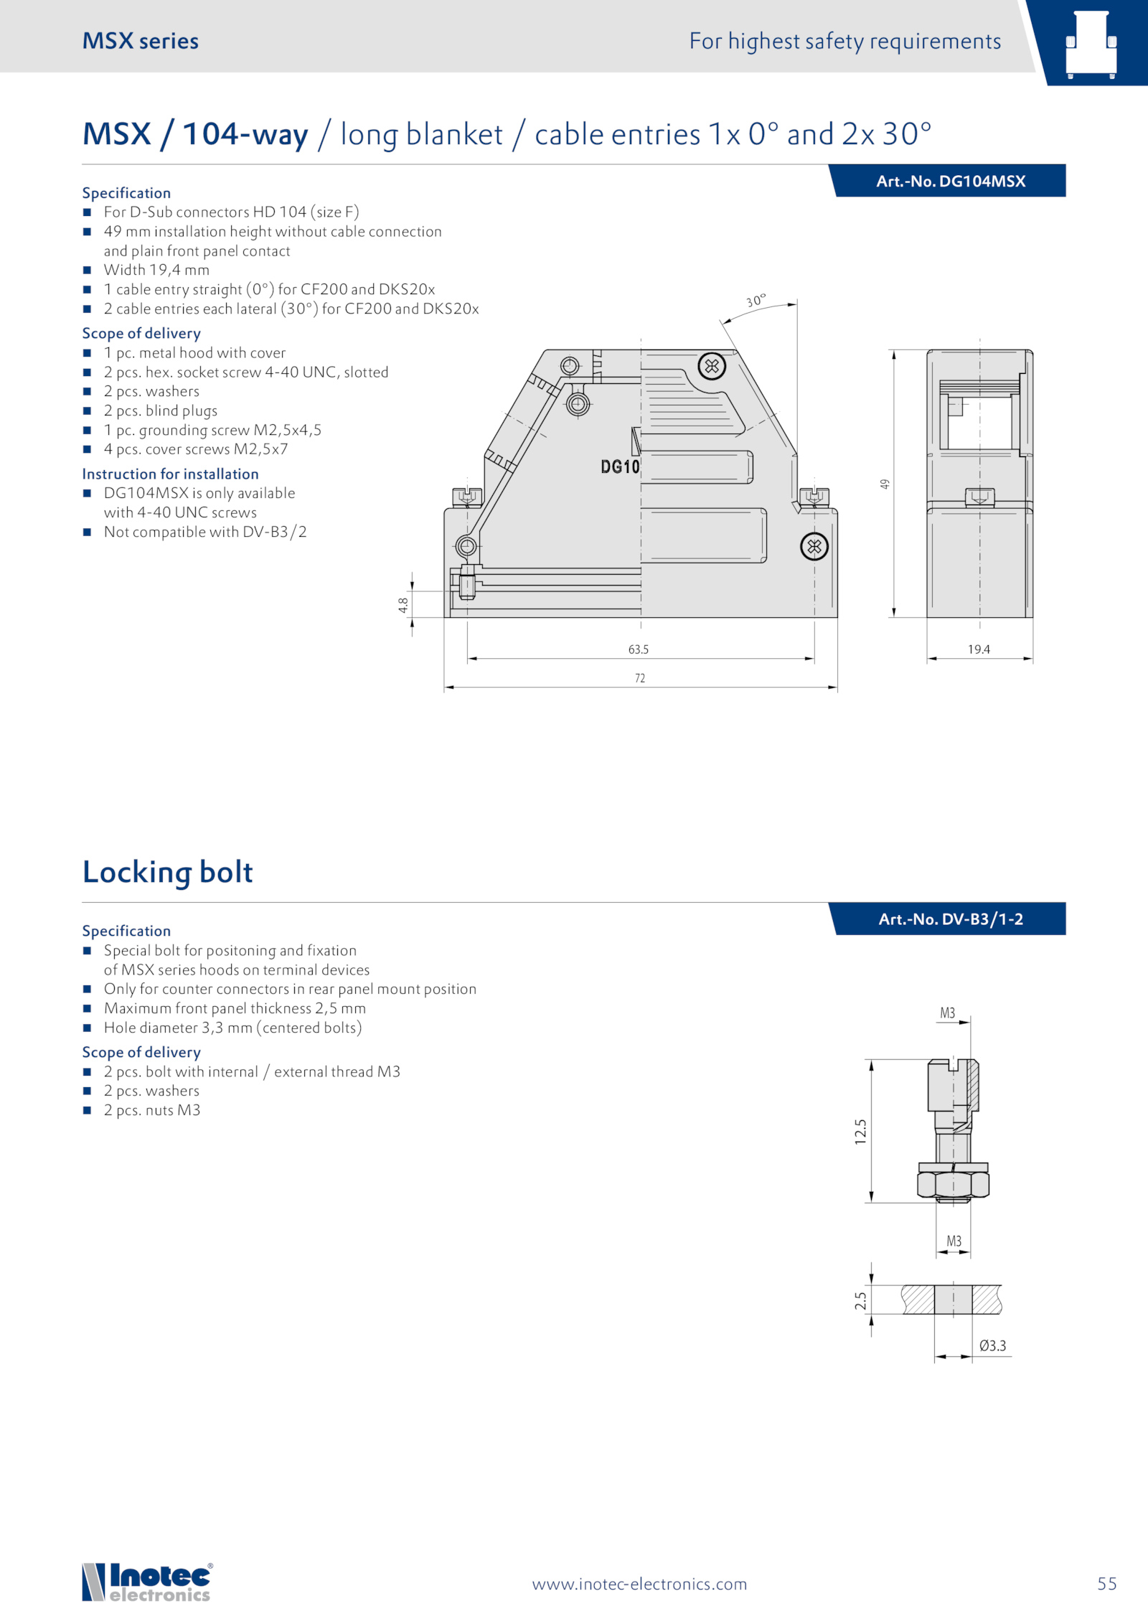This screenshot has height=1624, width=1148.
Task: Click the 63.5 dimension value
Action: (638, 649)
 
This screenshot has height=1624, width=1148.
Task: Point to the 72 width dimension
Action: (639, 678)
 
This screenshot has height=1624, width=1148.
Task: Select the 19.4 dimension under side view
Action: (979, 649)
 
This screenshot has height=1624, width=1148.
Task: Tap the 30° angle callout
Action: (756, 301)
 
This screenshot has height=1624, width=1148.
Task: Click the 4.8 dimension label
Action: (403, 605)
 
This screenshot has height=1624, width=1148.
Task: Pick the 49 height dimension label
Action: (885, 484)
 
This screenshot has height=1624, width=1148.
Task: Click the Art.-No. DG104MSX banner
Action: (950, 182)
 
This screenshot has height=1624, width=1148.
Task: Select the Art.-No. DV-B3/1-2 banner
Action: (950, 919)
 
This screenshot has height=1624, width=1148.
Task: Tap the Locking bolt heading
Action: (167, 872)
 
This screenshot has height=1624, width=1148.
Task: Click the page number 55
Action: (1106, 1584)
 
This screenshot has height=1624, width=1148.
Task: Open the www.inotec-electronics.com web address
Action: (639, 1585)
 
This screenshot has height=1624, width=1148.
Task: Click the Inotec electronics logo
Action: (147, 1582)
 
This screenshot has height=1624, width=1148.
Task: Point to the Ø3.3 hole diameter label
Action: (992, 1346)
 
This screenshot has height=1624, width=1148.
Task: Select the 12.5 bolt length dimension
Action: (860, 1132)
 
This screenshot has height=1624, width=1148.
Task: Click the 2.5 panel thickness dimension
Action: (860, 1300)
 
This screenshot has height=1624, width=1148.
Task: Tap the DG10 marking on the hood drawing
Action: (620, 467)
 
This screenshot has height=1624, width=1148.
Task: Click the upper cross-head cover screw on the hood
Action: (712, 367)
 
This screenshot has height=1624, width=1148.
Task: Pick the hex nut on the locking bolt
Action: (953, 1184)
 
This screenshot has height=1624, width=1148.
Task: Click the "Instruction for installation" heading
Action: (170, 474)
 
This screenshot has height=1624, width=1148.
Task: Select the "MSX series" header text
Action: (141, 41)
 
